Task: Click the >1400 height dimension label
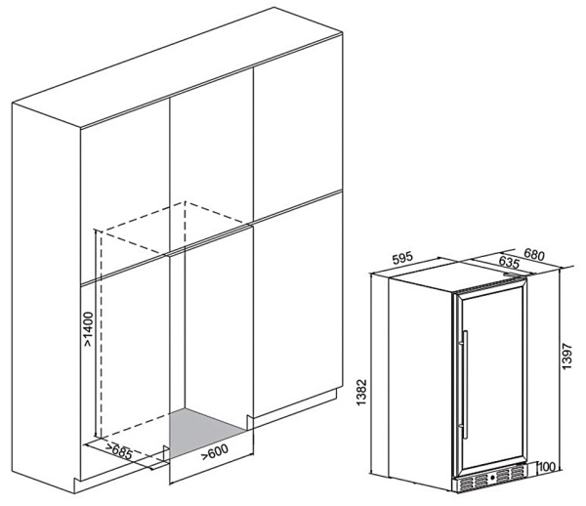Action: tap(87, 330)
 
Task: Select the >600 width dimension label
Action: tap(216, 452)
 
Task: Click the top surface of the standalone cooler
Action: tap(459, 274)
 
